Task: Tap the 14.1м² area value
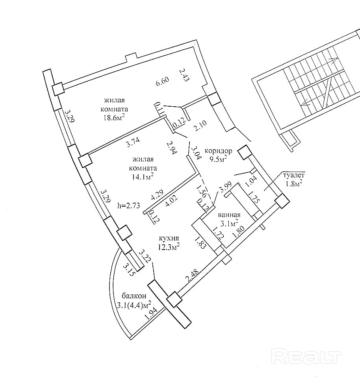[x=143, y=176]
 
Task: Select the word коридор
[x=219, y=150]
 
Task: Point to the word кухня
[x=169, y=238]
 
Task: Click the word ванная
[x=229, y=215]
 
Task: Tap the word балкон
[x=134, y=296]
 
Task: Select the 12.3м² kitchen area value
[x=169, y=247]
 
